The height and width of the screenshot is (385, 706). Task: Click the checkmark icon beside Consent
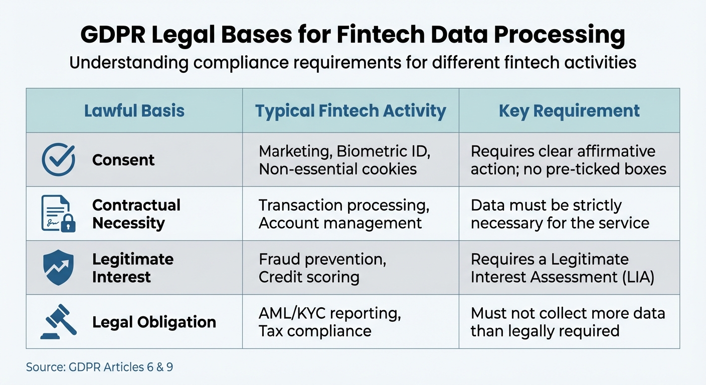58,160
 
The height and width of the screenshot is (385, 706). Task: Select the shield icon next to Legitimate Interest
58,267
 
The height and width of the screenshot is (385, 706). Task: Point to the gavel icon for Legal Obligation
58,321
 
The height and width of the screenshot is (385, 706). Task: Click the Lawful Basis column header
134,111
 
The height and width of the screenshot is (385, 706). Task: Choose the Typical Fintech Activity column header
350,111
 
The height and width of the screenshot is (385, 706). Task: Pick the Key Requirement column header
569,111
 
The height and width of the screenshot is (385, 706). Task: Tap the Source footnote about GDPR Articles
99,367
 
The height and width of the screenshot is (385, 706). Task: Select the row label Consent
123,160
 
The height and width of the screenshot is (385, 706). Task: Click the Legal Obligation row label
154,322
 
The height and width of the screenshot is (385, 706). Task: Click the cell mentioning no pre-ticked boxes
569,160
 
